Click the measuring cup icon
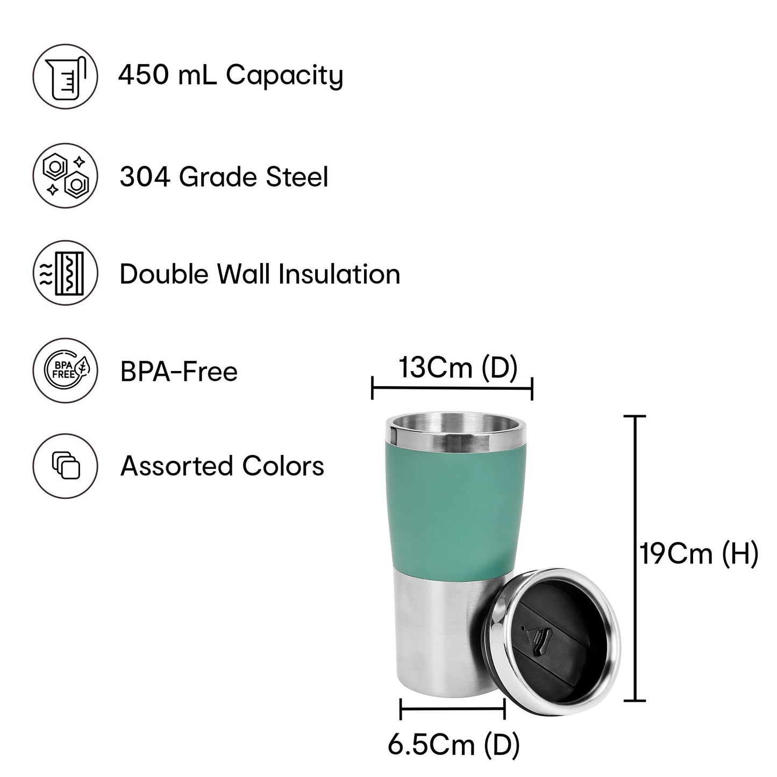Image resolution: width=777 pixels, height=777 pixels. tap(66, 76)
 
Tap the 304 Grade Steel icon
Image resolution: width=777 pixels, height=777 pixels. tap(66, 176)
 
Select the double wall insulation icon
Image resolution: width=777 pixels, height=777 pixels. tap(66, 273)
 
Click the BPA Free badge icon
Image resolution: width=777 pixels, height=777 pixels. tap(66, 370)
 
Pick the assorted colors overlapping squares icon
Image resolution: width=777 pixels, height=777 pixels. tap(66, 466)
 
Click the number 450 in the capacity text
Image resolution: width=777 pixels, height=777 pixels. tap(140, 75)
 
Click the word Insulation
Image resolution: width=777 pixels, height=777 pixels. tap(339, 274)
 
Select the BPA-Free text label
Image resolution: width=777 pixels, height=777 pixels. tap(179, 372)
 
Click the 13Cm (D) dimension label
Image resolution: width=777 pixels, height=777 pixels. tap(458, 368)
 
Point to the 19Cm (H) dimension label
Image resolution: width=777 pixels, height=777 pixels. tap(698, 553)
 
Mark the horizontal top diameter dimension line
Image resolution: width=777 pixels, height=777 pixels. tap(452, 387)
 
